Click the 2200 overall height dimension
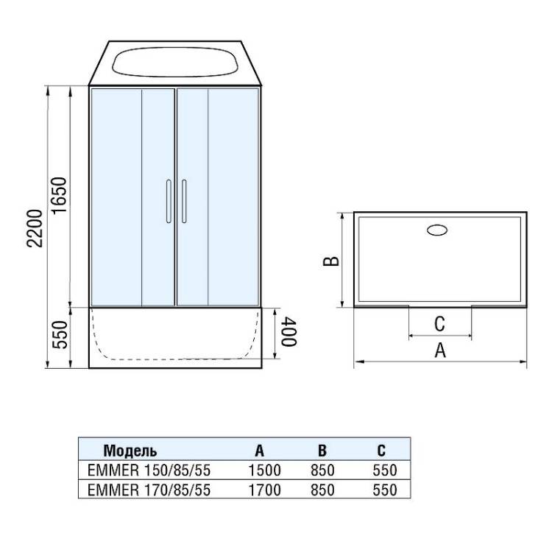pyautogui.click(x=35, y=228)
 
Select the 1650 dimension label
pyautogui.click(x=59, y=195)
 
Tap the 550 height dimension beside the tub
pyautogui.click(x=60, y=335)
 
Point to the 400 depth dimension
pyautogui.click(x=289, y=331)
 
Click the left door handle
pyautogui.click(x=169, y=201)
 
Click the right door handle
pyautogui.click(x=184, y=201)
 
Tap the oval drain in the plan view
pyautogui.click(x=437, y=230)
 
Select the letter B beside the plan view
pyautogui.click(x=331, y=261)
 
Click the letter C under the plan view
pyautogui.click(x=439, y=324)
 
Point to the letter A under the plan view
pyautogui.click(x=440, y=350)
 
